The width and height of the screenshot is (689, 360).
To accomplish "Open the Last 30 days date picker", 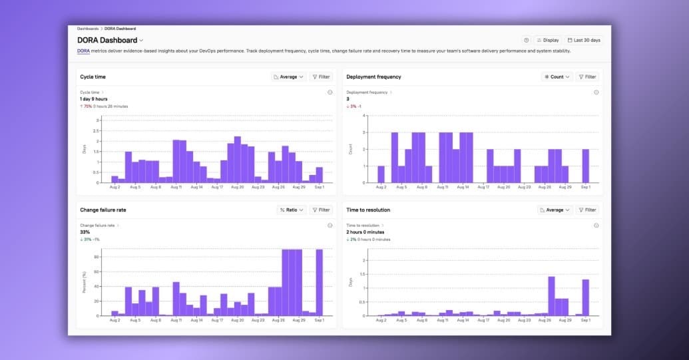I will click(584, 40).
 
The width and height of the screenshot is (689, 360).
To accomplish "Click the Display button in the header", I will click(548, 40).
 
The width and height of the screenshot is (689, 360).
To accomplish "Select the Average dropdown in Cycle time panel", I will click(288, 77).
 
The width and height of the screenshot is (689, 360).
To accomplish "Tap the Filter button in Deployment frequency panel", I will click(586, 77).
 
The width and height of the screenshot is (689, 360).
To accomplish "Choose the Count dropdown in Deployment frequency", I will click(557, 77).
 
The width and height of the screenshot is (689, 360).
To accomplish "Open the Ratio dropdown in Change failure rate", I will click(291, 210).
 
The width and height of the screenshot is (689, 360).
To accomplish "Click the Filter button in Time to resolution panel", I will click(586, 210).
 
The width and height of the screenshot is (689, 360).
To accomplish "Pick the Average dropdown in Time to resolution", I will click(555, 210).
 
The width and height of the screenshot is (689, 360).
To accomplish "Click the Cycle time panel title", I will click(93, 77).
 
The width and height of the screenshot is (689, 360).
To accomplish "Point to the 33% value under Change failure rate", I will click(85, 232).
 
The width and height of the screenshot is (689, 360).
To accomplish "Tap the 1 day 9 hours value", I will click(93, 98).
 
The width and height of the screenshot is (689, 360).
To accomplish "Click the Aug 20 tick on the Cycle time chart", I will click(238, 188).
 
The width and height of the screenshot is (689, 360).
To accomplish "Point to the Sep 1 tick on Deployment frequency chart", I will click(585, 188).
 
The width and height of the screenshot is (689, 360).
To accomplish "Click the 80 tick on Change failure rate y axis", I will click(97, 256).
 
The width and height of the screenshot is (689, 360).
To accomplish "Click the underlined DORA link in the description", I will click(83, 51).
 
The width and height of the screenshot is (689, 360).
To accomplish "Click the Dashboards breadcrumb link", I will click(87, 29).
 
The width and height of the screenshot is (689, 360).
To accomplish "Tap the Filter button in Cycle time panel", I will click(320, 77).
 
